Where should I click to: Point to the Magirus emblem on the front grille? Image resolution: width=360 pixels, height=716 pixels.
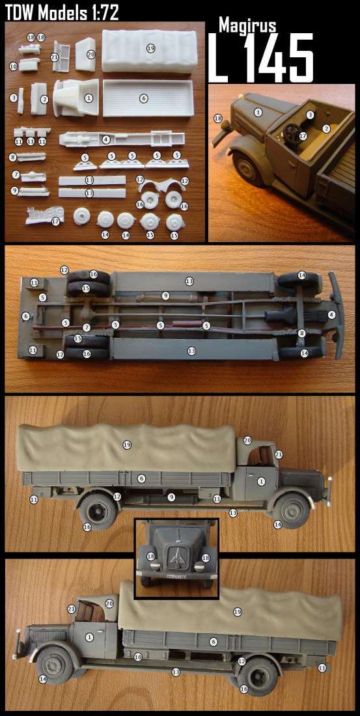coord(176,556)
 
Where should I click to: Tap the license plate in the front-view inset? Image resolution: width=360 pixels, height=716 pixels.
coord(176,577)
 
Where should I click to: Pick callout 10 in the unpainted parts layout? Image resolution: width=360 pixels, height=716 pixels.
coord(13,66)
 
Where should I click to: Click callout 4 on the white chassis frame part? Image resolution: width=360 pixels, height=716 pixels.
coord(105,139)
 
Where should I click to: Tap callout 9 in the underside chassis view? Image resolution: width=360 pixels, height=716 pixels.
coord(166,296)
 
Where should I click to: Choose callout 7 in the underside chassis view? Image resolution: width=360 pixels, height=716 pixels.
coord(87,327)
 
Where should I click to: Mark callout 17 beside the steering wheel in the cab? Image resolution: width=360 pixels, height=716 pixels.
coord(303,135)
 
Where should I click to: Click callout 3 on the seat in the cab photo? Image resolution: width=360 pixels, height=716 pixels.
coord(311,115)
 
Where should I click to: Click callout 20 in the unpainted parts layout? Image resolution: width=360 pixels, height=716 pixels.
coord(90,54)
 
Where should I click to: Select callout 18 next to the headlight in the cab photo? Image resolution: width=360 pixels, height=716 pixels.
coord(218,118)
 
